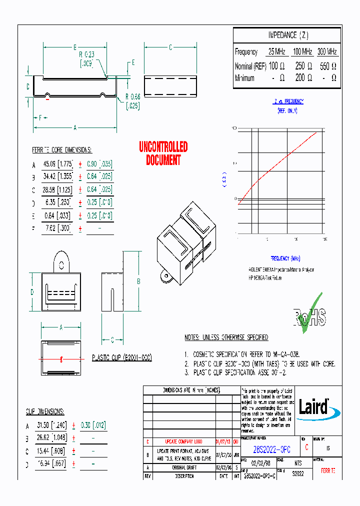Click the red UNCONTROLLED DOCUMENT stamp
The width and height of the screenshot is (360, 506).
163,153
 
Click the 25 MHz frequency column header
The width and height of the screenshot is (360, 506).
277,52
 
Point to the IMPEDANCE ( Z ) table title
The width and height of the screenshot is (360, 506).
288,35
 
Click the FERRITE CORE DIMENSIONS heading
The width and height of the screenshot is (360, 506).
62,150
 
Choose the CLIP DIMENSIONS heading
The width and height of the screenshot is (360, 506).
45,411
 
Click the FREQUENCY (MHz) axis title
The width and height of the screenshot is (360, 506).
285,258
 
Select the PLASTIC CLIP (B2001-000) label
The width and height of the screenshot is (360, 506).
121,358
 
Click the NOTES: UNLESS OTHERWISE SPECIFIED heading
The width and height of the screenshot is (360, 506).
226,337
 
